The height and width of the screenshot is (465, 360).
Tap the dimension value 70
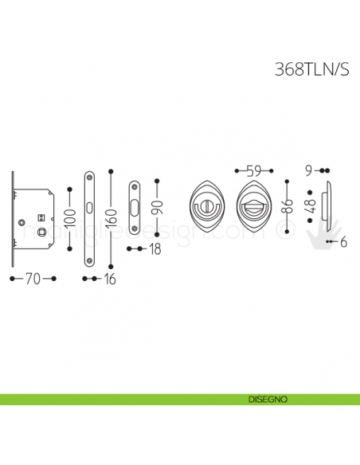pyautogui.click(x=32, y=279)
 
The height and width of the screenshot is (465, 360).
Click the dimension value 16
pyautogui.click(x=109, y=279)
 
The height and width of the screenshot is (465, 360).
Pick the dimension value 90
pyautogui.click(x=157, y=209)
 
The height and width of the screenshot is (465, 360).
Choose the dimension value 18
pyautogui.click(x=155, y=249)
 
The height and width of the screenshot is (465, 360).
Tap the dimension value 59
pyautogui.click(x=254, y=170)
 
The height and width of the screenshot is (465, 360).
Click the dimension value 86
pyautogui.click(x=288, y=209)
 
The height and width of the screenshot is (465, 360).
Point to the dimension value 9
pyautogui.click(x=310, y=170)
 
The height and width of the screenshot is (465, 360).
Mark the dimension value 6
pyautogui.click(x=343, y=243)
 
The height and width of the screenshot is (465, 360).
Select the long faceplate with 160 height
pyautogui.click(x=89, y=217)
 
